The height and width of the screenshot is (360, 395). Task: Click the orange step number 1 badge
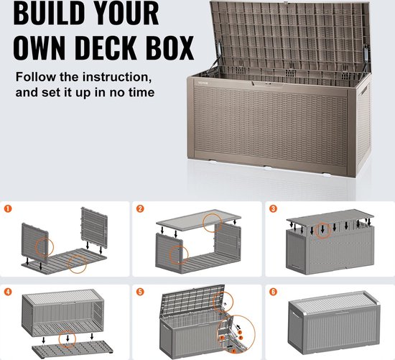coord(9,210)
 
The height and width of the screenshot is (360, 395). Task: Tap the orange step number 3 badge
coord(273,210)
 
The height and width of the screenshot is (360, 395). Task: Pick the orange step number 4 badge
coord(9,292)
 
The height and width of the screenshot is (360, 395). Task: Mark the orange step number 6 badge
coord(273,292)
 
